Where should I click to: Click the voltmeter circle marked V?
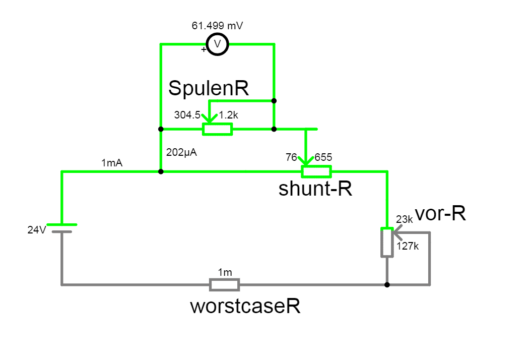218,44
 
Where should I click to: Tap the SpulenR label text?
209,88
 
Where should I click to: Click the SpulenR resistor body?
218,129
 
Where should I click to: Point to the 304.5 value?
187,115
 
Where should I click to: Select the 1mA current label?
112,163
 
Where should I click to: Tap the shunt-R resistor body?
316,171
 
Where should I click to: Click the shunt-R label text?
315,190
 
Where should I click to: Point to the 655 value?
323,157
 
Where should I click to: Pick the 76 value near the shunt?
291,157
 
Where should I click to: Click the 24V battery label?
37,230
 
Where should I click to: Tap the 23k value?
405,219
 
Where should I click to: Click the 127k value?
408,247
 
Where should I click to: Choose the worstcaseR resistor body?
225,285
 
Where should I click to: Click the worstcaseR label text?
245,306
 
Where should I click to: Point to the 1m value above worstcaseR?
225,272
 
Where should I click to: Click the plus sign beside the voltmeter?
204,49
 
